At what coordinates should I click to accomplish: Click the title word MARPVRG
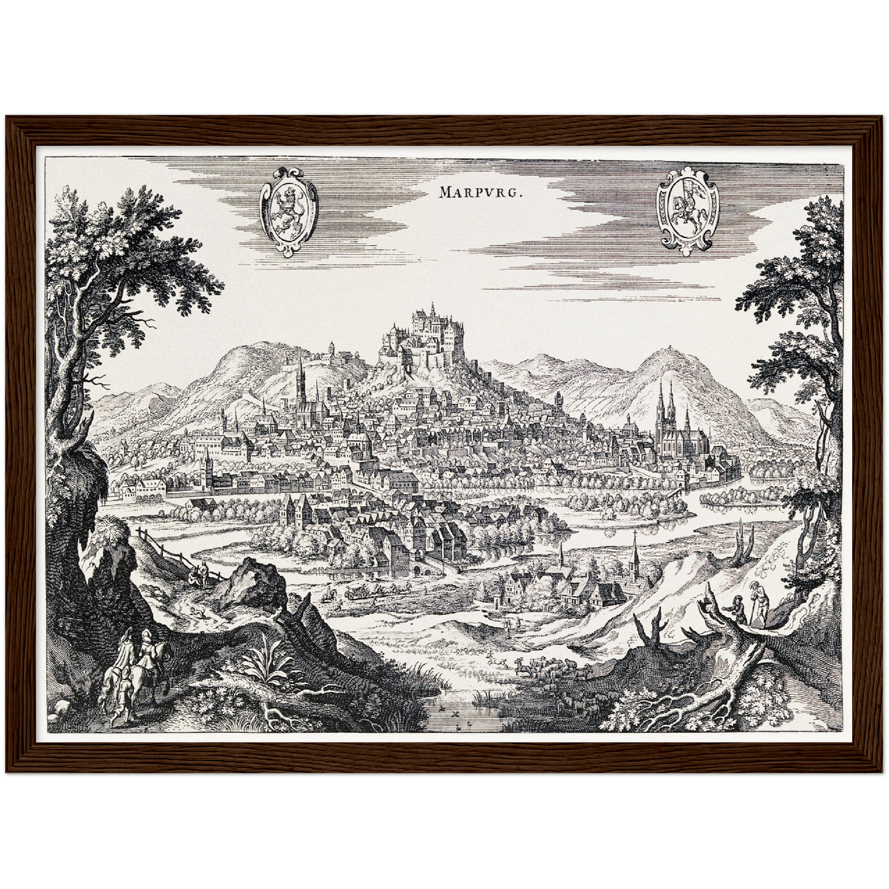(480, 192)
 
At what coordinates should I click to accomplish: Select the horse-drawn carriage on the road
(357, 592)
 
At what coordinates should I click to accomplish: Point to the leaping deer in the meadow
(496, 661)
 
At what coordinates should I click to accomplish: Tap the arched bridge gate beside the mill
(420, 568)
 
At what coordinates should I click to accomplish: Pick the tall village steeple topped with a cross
(634, 557)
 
